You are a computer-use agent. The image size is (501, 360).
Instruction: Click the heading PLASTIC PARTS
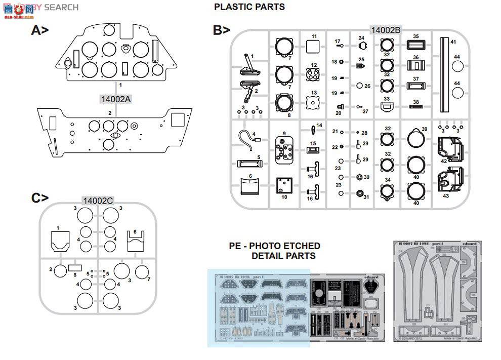click(249, 7)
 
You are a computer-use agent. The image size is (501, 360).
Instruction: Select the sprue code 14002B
click(386, 30)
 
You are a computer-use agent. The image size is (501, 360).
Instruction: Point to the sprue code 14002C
click(98, 201)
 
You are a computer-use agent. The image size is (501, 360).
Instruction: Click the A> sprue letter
click(40, 31)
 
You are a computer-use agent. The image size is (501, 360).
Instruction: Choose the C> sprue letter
click(40, 198)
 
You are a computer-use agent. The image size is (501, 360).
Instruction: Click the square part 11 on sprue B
click(314, 47)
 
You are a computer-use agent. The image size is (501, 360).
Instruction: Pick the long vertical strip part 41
click(444, 76)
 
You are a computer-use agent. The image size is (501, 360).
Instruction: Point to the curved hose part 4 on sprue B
click(246, 140)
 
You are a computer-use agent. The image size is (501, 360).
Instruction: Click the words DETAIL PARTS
click(283, 256)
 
